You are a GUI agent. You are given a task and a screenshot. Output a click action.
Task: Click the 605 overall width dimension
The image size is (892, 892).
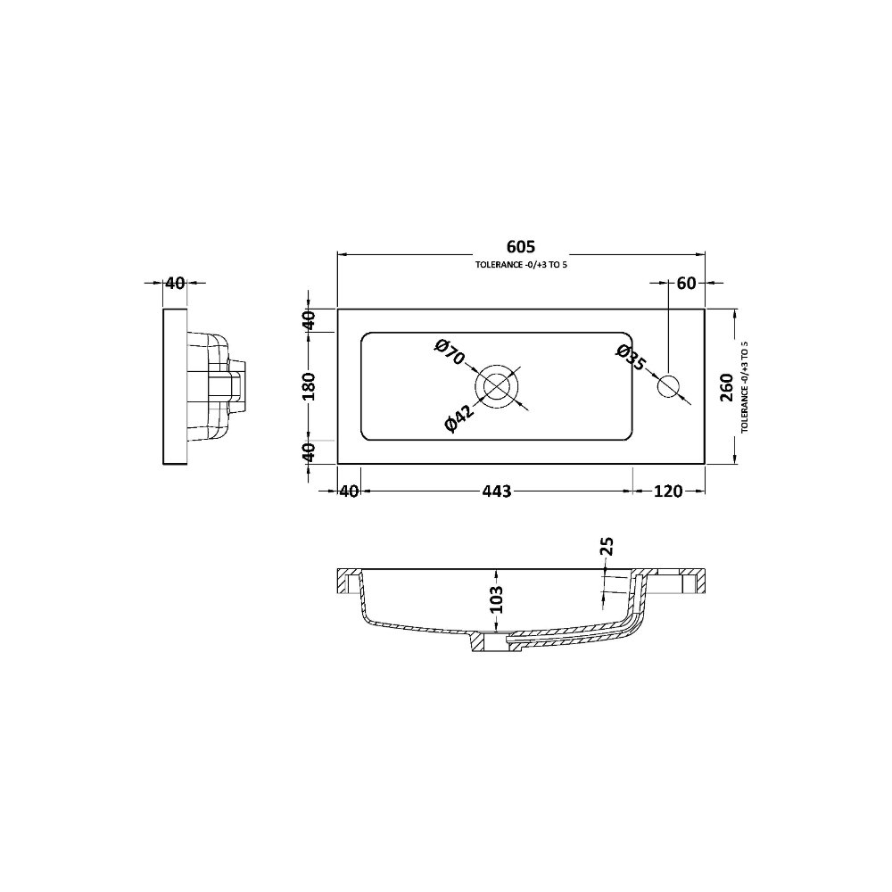pos(521,246)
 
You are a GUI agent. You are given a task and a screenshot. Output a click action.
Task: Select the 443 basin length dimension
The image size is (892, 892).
pos(497,491)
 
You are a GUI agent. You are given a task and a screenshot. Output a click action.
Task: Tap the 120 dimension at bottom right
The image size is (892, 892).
pos(668,491)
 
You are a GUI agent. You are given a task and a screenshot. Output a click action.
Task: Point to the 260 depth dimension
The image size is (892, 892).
pos(726,387)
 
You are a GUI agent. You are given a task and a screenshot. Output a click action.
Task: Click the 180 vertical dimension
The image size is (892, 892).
pos(309,386)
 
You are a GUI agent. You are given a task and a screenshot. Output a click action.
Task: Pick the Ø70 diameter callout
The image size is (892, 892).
pos(450,352)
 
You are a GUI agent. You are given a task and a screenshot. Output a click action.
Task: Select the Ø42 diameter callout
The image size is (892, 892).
pos(458,418)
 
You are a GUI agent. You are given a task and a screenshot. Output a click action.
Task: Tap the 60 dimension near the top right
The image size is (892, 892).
pos(687,283)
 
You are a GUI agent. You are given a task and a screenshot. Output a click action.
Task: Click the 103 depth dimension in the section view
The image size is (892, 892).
pos(497,599)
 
